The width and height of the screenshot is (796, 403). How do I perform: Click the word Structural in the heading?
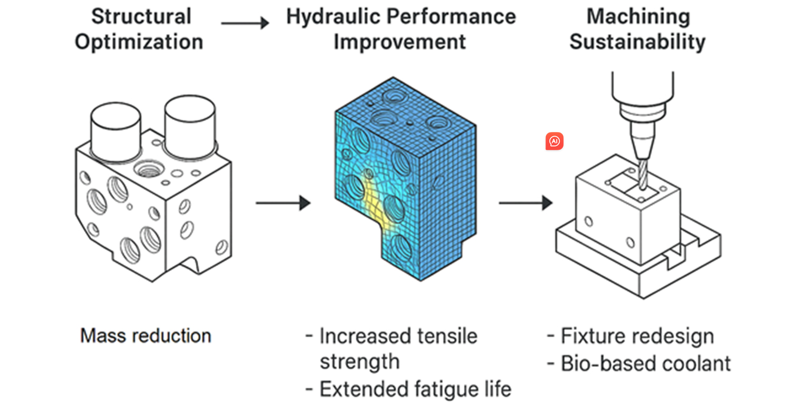click(141, 17)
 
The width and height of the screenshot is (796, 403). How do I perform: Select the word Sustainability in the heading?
click(637, 42)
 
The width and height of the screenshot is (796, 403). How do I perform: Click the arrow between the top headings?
click(245, 23)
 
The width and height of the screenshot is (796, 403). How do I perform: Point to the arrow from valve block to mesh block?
click(283, 203)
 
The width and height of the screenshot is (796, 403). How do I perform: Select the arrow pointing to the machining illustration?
click(525, 203)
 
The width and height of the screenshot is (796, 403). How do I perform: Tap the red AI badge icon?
click(554, 141)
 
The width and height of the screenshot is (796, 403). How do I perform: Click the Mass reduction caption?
click(145, 336)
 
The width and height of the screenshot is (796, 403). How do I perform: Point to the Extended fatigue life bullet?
click(415, 389)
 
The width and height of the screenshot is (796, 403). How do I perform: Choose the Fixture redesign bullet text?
click(637, 336)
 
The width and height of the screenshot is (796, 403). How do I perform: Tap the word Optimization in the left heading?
click(139, 42)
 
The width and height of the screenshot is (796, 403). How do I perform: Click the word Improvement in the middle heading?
click(399, 42)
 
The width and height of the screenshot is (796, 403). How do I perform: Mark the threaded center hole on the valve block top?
click(148, 169)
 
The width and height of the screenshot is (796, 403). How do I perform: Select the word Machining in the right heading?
click(638, 17)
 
